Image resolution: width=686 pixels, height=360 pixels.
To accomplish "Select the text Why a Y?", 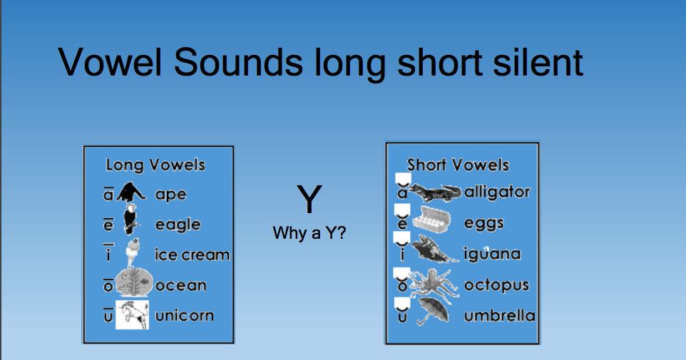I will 309,233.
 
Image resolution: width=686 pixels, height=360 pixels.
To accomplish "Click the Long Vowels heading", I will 155,165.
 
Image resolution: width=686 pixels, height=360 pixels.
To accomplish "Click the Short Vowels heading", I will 458,165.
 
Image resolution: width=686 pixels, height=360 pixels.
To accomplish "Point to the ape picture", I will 132,192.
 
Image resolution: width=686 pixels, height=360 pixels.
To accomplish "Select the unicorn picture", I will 132,314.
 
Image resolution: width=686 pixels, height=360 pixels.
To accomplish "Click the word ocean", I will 180,285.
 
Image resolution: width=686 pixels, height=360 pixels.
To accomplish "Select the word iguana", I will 492,254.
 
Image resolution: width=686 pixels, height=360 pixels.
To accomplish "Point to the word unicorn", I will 184,315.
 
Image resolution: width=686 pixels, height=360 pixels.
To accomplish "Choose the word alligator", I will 497,192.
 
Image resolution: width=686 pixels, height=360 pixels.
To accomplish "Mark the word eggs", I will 483,223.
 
